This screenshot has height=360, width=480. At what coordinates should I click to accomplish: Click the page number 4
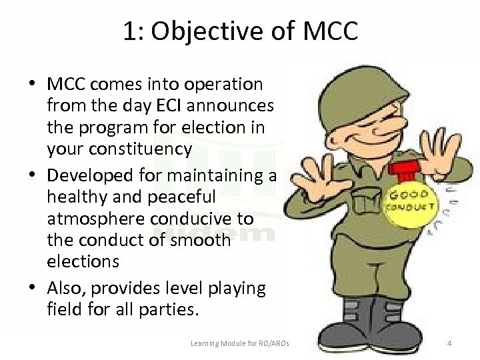[x=449, y=343]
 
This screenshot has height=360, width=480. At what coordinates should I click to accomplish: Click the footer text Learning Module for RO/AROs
[x=243, y=343]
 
